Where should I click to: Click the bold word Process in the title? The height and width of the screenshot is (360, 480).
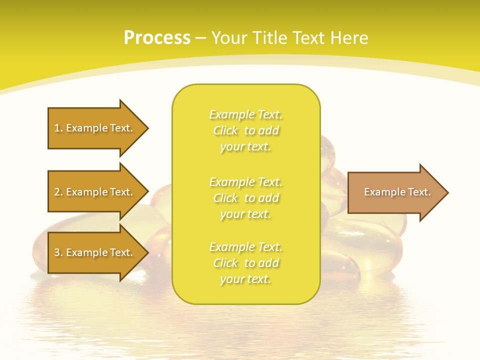pos(157,38)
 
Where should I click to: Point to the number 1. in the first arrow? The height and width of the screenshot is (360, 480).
pos(58,128)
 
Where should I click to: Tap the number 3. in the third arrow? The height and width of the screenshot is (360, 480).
pos(58,253)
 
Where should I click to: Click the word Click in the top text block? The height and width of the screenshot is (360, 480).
pos(225,131)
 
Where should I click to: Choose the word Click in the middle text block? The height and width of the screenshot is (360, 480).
pos(225,198)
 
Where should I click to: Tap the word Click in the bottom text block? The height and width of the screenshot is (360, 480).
pos(225,263)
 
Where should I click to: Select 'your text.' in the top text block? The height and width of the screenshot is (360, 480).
pos(245,147)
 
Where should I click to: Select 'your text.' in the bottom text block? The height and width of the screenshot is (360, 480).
pos(245,279)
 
